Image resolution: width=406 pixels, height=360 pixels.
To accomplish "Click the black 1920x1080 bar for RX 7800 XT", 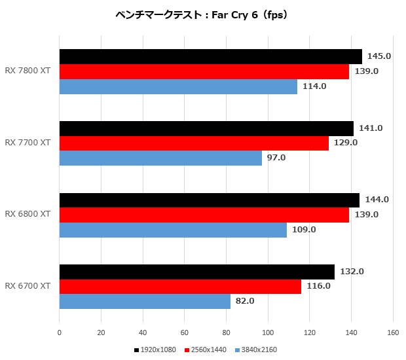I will click(210, 56).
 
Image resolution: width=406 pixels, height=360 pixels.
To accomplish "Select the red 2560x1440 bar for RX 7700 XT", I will click(194, 143).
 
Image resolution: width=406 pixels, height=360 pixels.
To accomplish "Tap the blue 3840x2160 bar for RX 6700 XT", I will click(145, 301).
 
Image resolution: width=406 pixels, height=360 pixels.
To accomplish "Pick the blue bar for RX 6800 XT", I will click(173, 230).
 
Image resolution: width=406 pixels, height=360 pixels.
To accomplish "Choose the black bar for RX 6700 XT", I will click(196, 272).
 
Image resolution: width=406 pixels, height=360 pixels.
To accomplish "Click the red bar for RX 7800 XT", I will click(204, 71).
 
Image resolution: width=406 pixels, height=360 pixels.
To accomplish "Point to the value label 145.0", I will click(378, 56).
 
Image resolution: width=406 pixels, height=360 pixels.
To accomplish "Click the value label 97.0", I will click(276, 158).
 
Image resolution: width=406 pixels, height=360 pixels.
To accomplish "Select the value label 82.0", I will click(244, 301).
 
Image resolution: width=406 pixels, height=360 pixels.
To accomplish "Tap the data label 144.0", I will click(377, 200).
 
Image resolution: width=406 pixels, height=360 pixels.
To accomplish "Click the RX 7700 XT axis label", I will click(28, 142).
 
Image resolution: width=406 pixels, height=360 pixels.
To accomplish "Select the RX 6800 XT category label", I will click(28, 214).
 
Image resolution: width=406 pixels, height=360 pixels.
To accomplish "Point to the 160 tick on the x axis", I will click(393, 332).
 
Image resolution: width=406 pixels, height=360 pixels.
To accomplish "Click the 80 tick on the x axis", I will click(226, 332).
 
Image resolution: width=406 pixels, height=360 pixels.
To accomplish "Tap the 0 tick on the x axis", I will click(60, 332).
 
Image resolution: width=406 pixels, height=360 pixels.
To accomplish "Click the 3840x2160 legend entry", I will click(256, 350).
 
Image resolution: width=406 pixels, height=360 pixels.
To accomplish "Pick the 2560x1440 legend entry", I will click(207, 350).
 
